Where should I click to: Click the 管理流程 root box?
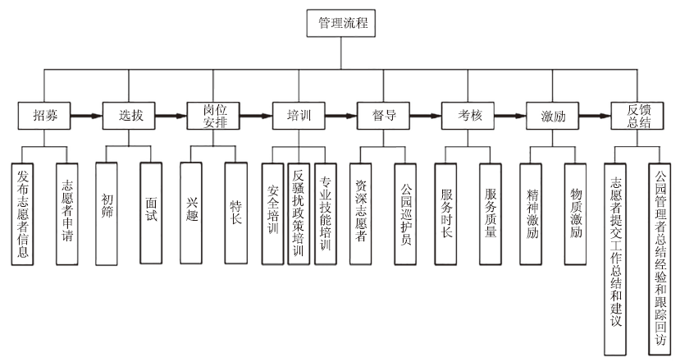(341, 24)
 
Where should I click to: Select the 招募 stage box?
(44, 116)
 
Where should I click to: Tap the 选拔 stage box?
(129, 116)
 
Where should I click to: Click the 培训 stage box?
(299, 116)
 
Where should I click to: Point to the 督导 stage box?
(383, 116)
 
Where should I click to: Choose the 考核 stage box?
(468, 116)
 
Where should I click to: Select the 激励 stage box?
(553, 116)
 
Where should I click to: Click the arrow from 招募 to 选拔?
(86, 116)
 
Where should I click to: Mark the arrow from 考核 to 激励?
(510, 116)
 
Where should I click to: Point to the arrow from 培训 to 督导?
(340, 116)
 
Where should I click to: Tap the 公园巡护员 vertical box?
(406, 213)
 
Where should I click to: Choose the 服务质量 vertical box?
(491, 213)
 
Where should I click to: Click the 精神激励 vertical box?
(532, 213)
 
